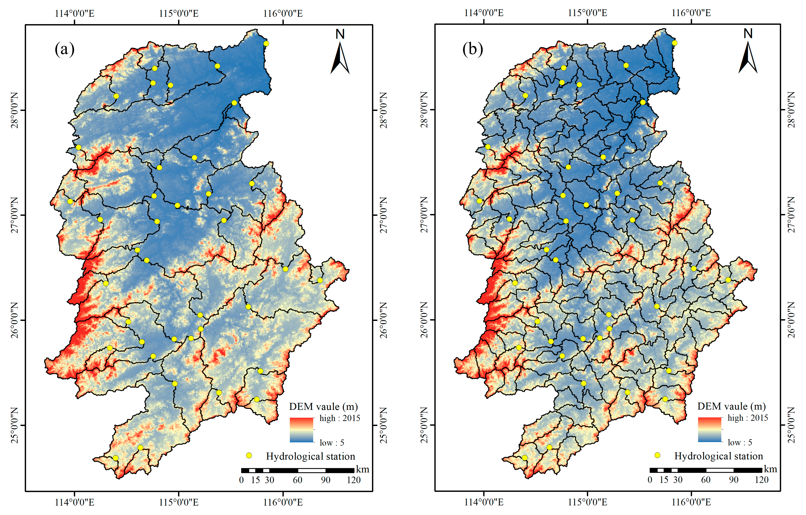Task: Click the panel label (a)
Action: pyautogui.click(x=64, y=49)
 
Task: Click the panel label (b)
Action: pyautogui.click(x=473, y=49)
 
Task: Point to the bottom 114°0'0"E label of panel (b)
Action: pyautogui.click(x=484, y=502)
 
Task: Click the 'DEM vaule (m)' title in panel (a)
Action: pyautogui.click(x=323, y=407)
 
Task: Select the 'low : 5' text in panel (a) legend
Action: pyautogui.click(x=332, y=443)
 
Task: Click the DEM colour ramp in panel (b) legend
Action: pyautogui.click(x=710, y=430)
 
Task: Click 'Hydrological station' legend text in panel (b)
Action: pyautogui.click(x=718, y=456)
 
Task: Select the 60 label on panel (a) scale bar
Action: pyautogui.click(x=298, y=480)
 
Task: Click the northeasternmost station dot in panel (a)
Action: pyautogui.click(x=266, y=44)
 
